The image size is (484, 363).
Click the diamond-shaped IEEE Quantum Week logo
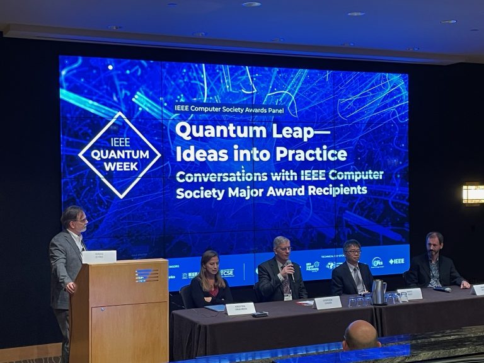coord(119,154)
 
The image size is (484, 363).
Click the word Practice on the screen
coord(313,153)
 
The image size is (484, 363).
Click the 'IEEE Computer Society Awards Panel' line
coord(229,110)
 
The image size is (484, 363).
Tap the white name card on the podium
coord(99,256)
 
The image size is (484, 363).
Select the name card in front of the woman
coord(240,308)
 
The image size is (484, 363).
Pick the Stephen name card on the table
coord(327,302)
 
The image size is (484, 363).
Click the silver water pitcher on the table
coord(378,292)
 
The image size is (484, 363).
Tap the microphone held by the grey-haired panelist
coord(291,269)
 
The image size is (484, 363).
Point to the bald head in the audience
coord(361,335)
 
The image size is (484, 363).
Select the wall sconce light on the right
coord(473,193)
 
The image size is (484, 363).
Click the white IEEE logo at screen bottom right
coord(396,261)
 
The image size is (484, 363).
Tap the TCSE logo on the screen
coord(227,273)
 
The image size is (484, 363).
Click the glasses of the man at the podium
coord(79,221)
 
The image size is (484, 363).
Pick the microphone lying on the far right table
coord(444,289)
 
